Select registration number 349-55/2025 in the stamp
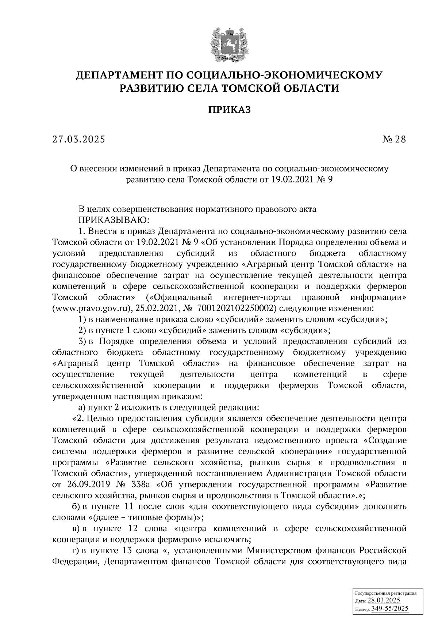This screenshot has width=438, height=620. pyautogui.click(x=389, y=609)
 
